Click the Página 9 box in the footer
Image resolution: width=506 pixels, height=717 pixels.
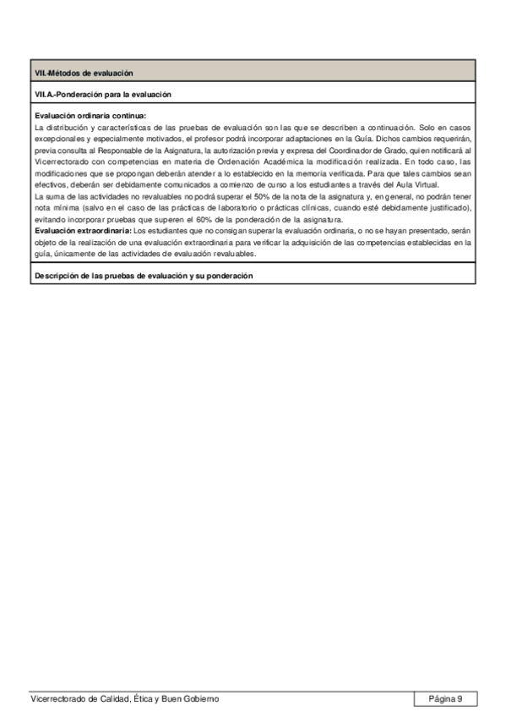coord(445,698)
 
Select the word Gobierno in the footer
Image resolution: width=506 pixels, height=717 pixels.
coord(202,698)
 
